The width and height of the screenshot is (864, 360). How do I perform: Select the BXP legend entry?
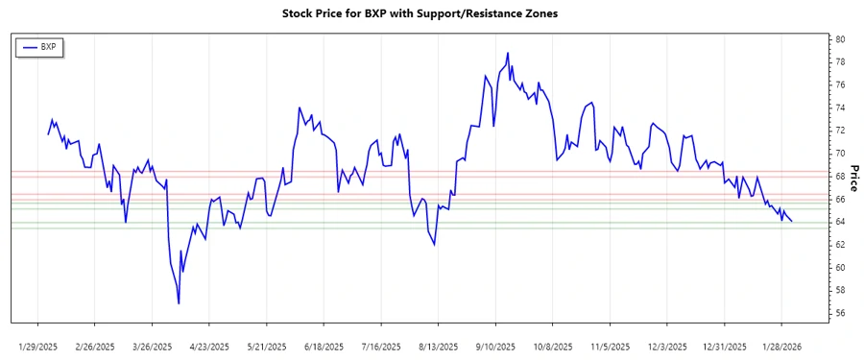pyautogui.click(x=47, y=46)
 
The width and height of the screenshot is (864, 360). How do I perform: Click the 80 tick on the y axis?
pyautogui.click(x=840, y=39)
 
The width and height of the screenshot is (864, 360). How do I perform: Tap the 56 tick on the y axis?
pyautogui.click(x=840, y=313)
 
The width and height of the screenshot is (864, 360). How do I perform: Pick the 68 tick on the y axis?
pyautogui.click(x=840, y=177)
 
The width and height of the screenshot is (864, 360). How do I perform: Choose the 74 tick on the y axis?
pyautogui.click(x=840, y=108)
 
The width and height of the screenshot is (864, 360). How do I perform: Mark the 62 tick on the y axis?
pyautogui.click(x=840, y=245)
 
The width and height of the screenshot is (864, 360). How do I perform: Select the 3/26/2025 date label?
pyautogui.click(x=153, y=346)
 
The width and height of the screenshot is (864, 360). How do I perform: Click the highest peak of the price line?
pyautogui.click(x=507, y=53)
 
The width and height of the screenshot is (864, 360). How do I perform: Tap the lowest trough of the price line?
pyautogui.click(x=179, y=303)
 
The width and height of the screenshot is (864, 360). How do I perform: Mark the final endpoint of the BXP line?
pyautogui.click(x=791, y=222)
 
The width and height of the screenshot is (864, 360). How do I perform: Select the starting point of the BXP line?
pyautogui.click(x=48, y=133)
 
